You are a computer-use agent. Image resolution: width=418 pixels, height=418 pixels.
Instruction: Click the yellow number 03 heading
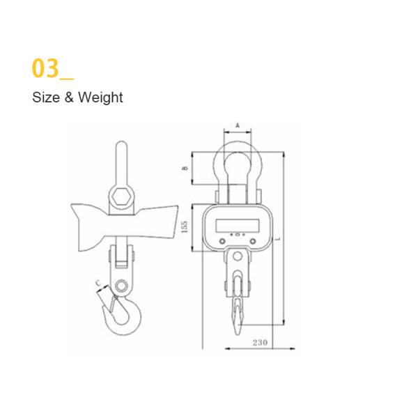(x=46, y=69)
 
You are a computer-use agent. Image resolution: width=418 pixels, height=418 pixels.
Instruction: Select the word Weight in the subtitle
(x=100, y=98)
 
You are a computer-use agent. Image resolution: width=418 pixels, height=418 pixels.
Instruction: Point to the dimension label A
(x=238, y=125)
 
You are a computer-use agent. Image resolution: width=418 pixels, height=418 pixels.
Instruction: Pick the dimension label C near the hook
(x=98, y=283)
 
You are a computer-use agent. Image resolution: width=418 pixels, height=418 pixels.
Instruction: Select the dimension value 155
(x=185, y=228)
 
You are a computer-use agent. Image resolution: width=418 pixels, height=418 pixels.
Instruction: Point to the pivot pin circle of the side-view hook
(x=124, y=286)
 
